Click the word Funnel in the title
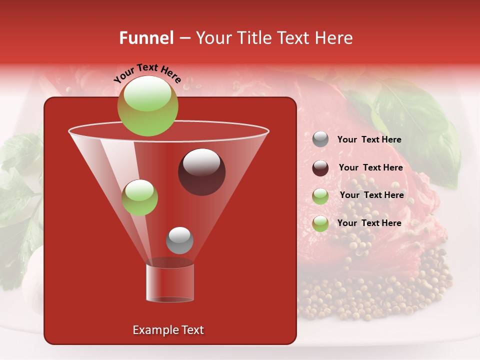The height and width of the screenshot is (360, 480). point(146,38)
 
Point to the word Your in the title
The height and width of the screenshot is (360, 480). point(214,38)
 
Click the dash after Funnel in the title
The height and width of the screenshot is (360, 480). point(183,38)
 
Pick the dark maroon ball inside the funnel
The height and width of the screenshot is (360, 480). point(201,171)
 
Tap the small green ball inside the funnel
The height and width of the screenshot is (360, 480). point(139,197)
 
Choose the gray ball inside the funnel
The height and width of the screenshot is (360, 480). point(179,240)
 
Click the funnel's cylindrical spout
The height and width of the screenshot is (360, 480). point(169,282)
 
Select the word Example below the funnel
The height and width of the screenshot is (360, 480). point(155,330)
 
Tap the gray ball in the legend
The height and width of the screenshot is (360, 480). point(320,139)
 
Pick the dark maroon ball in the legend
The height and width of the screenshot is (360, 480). point(320,168)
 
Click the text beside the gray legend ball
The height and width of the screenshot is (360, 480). point(369,139)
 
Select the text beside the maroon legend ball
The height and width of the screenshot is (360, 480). point(370,167)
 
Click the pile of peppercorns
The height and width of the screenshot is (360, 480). point(370,295)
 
